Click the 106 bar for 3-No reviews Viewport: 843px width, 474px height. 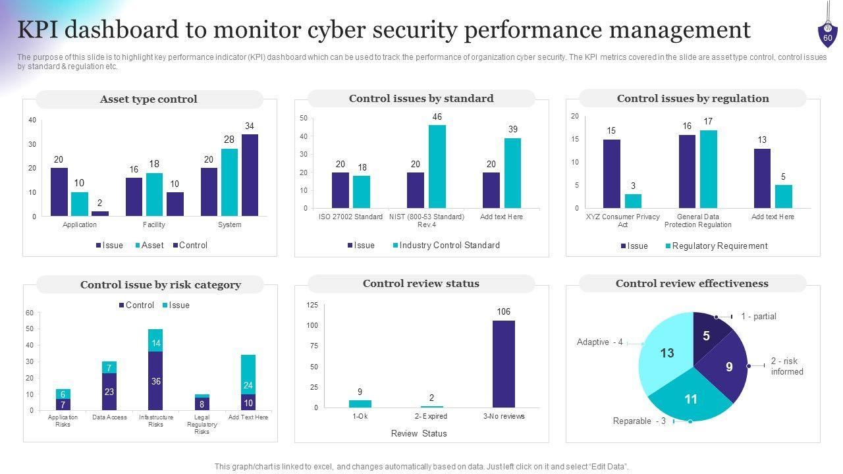pyautogui.click(x=504, y=363)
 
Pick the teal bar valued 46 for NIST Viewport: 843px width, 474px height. pyautogui.click(x=437, y=167)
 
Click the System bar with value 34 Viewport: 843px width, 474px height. pyautogui.click(x=250, y=174)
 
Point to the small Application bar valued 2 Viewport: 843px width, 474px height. pyautogui.click(x=100, y=213)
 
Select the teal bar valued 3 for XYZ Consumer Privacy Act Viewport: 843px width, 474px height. pyautogui.click(x=633, y=201)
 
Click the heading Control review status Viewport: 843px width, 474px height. pyautogui.click(x=421, y=284)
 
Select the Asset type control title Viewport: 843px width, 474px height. pyautogui.click(x=149, y=99)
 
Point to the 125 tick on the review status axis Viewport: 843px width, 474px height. pyautogui.click(x=312, y=305)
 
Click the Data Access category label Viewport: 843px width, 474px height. pyautogui.click(x=110, y=417)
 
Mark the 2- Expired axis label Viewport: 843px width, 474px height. pyautogui.click(x=431, y=416)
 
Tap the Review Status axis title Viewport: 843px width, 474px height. pyautogui.click(x=419, y=434)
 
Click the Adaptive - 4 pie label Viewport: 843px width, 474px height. pyautogui.click(x=599, y=342)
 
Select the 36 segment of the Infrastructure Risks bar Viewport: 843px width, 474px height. pyautogui.click(x=155, y=381)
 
